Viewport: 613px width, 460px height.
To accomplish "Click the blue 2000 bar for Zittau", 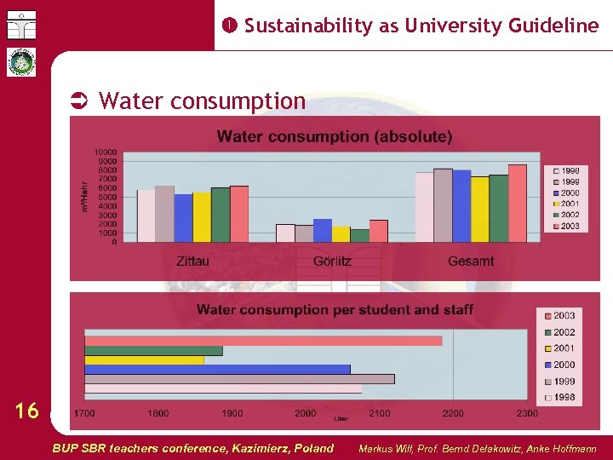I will (x=183, y=218).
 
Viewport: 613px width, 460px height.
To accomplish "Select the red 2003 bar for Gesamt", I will (x=517, y=204).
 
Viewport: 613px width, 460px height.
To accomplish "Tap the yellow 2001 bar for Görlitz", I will (x=341, y=234).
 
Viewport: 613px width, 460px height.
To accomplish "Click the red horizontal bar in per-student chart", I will (x=263, y=341).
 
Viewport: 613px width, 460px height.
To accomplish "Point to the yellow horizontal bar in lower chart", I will (x=144, y=359).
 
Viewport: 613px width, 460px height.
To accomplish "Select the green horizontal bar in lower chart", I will (x=153, y=350).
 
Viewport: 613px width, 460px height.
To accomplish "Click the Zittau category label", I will (x=192, y=261).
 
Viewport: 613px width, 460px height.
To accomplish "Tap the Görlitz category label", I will (x=332, y=261).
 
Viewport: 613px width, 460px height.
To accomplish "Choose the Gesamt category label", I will (x=471, y=261).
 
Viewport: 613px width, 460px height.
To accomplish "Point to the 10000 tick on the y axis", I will (x=105, y=152).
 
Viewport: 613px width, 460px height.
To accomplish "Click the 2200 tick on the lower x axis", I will (x=453, y=413).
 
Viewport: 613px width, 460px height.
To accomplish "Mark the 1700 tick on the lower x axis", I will (x=84, y=413).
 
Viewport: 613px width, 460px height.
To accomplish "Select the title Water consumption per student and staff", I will (x=335, y=309).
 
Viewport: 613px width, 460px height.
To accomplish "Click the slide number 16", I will (x=27, y=411).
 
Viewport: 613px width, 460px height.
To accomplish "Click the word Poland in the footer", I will (x=313, y=448).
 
